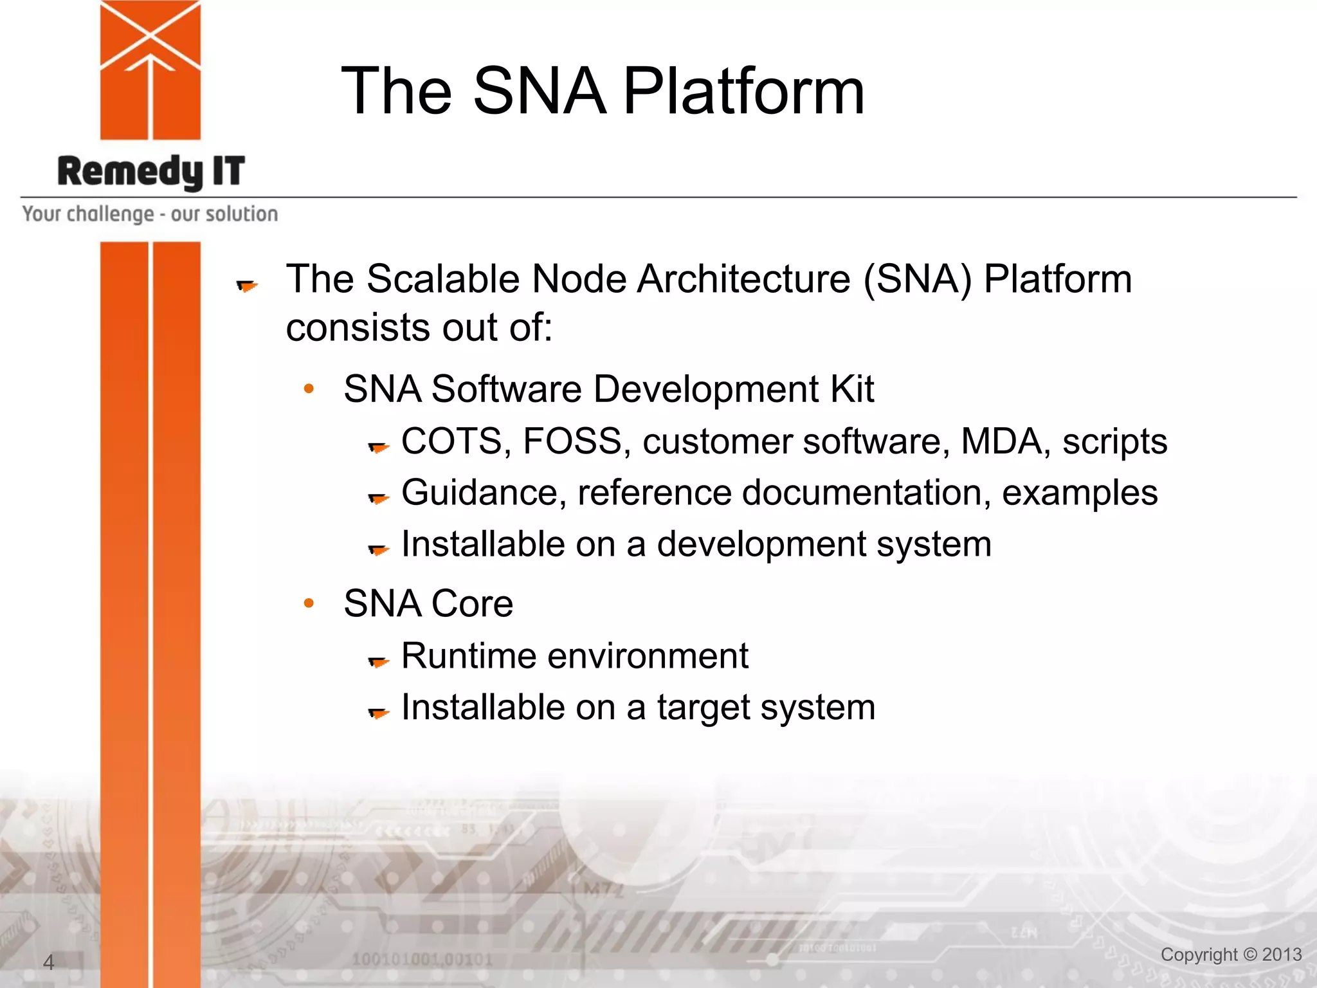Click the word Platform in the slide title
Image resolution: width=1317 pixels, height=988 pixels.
click(743, 91)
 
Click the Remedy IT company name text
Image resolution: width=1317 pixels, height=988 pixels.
click(151, 171)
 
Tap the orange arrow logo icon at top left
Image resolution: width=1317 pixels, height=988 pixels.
click(150, 69)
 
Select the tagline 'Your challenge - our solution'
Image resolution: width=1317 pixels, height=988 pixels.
click(150, 214)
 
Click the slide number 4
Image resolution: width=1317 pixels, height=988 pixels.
click(48, 962)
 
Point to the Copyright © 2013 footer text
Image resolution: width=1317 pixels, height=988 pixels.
click(1231, 955)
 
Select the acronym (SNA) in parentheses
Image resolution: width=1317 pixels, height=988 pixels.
click(917, 279)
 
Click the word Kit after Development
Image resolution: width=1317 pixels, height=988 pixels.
click(851, 389)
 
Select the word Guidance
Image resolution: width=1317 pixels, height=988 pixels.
click(484, 493)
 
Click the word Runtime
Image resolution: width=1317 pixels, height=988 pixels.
click(469, 656)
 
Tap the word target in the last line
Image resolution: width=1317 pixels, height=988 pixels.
click(702, 708)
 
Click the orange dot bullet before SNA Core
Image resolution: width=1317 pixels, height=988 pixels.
click(309, 603)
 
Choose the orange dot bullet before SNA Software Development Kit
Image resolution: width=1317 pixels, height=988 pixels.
click(309, 389)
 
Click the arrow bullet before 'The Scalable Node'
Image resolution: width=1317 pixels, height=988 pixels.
click(247, 285)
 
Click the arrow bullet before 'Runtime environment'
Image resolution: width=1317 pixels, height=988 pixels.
click(379, 661)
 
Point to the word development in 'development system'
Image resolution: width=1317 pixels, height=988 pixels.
click(761, 545)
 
